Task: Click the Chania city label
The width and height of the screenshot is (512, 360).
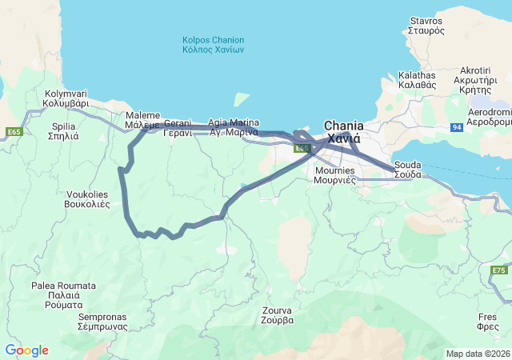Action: pos(343,132)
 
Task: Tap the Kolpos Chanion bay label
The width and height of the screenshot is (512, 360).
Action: pos(213,45)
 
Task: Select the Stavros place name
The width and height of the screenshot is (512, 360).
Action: pos(426,25)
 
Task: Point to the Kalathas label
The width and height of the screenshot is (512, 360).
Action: pos(417,79)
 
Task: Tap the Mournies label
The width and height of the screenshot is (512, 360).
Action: pos(335,175)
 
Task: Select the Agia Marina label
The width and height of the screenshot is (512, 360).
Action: pos(233,126)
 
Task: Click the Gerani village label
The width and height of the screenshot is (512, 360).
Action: pos(178,129)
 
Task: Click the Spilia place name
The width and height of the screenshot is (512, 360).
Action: pos(64,131)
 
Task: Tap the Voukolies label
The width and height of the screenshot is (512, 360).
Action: pos(87,198)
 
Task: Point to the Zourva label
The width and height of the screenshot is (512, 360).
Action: pos(278,314)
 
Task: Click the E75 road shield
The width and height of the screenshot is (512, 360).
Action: pos(499,270)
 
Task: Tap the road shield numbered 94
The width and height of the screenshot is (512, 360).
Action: pos(456,127)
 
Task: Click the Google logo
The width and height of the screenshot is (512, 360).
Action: pos(26,350)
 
